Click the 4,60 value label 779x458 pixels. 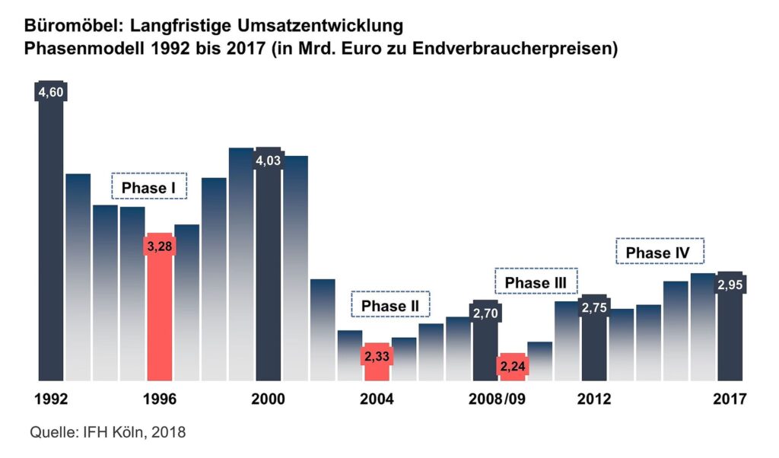[x=50, y=93]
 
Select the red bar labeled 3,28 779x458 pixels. [x=159, y=312]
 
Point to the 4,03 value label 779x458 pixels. [x=268, y=161]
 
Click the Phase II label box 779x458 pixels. [x=390, y=305]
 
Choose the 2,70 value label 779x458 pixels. [x=485, y=313]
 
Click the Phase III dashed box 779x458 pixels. [x=536, y=281]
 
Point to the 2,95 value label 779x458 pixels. [x=730, y=285]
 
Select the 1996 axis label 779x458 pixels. [x=159, y=399]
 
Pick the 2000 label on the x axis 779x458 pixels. [x=268, y=399]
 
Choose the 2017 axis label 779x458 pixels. [x=730, y=399]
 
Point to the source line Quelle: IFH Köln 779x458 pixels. [x=107, y=433]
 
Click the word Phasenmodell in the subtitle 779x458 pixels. [x=82, y=49]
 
